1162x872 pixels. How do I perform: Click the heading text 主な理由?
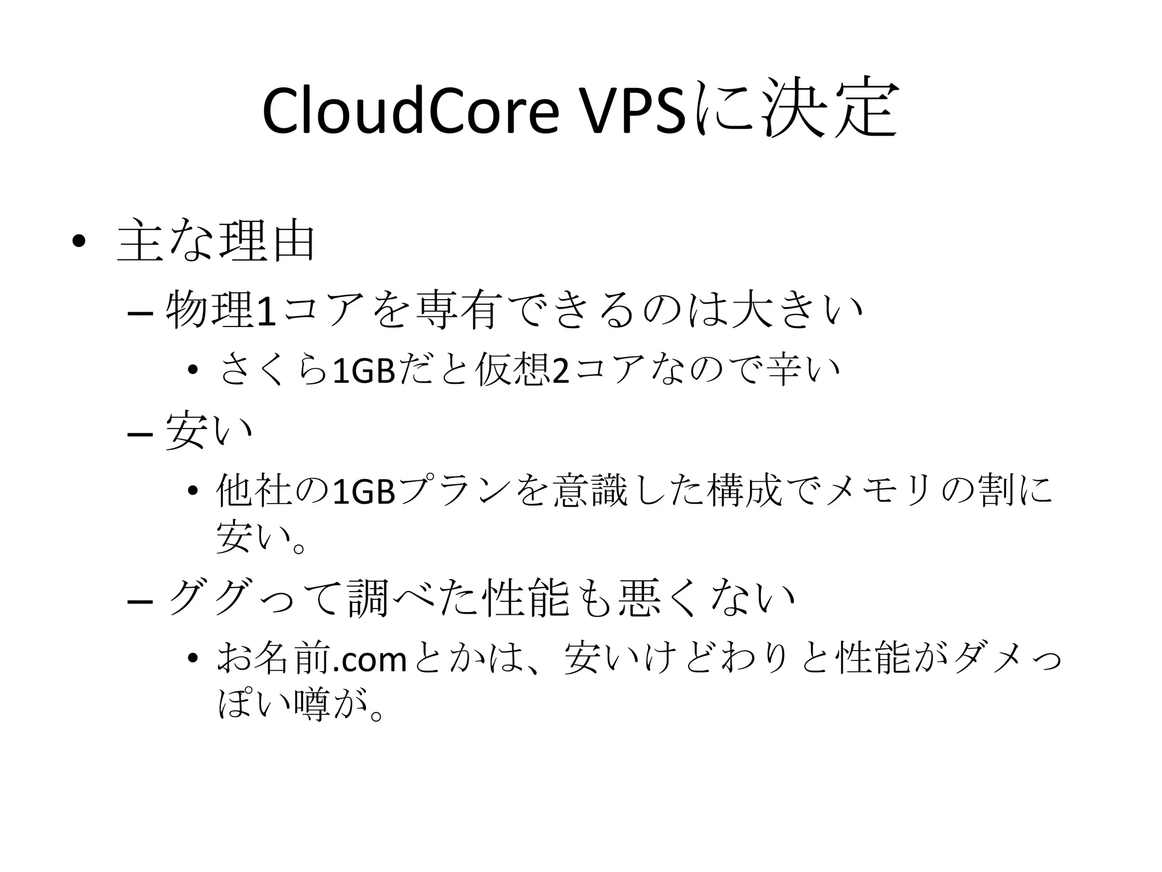pos(216,242)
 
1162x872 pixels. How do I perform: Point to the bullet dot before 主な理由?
pos(78,242)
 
